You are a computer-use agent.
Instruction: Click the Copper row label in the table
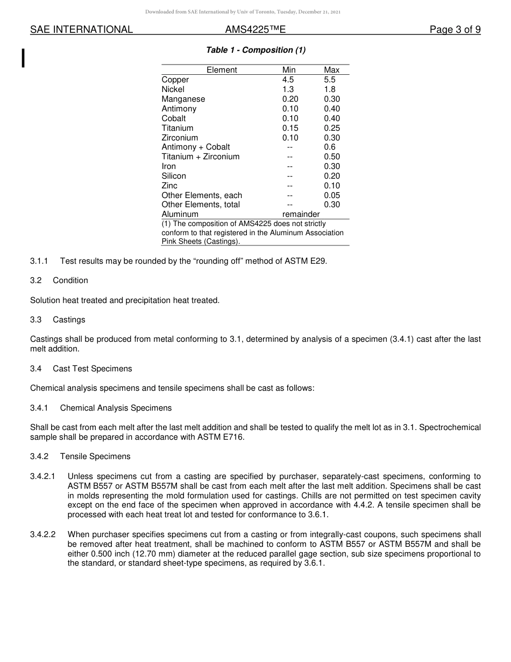point(175,80)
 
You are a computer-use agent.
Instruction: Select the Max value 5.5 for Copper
point(330,80)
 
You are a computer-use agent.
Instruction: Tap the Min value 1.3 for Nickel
point(288,89)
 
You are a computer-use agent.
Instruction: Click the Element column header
point(222,70)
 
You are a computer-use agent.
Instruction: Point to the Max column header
point(332,70)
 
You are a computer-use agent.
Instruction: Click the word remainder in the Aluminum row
point(301,214)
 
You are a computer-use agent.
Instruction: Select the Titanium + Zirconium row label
point(201,157)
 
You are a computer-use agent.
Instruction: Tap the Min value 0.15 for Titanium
point(290,128)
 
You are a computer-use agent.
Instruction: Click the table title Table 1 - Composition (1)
point(256,50)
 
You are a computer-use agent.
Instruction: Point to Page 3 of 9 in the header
point(455,30)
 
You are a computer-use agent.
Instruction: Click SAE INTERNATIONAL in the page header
point(81,30)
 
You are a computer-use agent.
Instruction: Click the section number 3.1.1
point(39,261)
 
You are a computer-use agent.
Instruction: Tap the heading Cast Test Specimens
point(93,369)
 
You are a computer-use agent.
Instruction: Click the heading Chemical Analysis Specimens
point(116,408)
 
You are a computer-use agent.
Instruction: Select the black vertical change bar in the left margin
point(23,58)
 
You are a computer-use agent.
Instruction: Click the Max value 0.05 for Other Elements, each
point(332,195)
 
